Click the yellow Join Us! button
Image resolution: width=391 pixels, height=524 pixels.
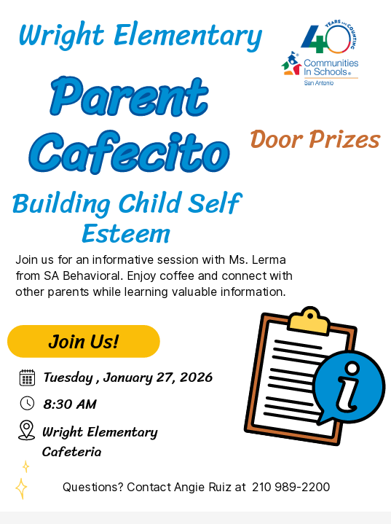pos(83,341)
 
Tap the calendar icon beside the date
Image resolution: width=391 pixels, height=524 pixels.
pos(27,378)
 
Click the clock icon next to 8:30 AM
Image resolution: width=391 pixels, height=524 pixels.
pos(27,404)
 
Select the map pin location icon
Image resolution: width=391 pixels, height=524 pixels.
pos(27,430)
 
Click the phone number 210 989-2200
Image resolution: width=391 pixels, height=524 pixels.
pos(291,487)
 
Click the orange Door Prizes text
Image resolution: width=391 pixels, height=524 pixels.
pos(315,138)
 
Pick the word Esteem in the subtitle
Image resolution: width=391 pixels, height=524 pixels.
pos(125,233)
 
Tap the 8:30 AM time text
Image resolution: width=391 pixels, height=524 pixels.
pos(70,404)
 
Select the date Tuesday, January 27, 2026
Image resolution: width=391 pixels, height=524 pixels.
pos(127,378)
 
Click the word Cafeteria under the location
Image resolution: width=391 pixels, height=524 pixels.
pos(71,452)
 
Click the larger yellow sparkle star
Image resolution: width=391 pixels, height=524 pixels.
pos(21,488)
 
